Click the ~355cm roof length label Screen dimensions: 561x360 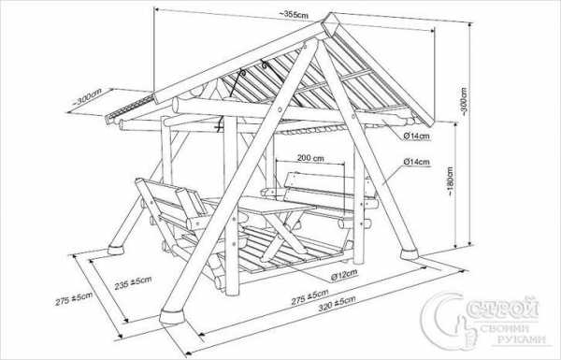coord(294,15)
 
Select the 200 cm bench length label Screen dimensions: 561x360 coord(310,158)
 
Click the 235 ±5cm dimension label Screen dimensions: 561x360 coord(133,282)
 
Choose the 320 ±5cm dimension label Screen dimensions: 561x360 coord(337,303)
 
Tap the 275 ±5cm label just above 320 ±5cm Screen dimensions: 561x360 coord(309,296)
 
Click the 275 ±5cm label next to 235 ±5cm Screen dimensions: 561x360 coord(74,299)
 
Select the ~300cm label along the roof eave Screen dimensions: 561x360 coord(87,96)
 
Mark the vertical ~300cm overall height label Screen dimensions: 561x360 coord(464,101)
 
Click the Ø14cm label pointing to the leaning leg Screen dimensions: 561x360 coord(416,162)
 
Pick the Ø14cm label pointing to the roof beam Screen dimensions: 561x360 coord(416,136)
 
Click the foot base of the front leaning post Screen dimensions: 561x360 coord(172,317)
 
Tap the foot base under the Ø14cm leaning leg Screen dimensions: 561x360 coord(409,254)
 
